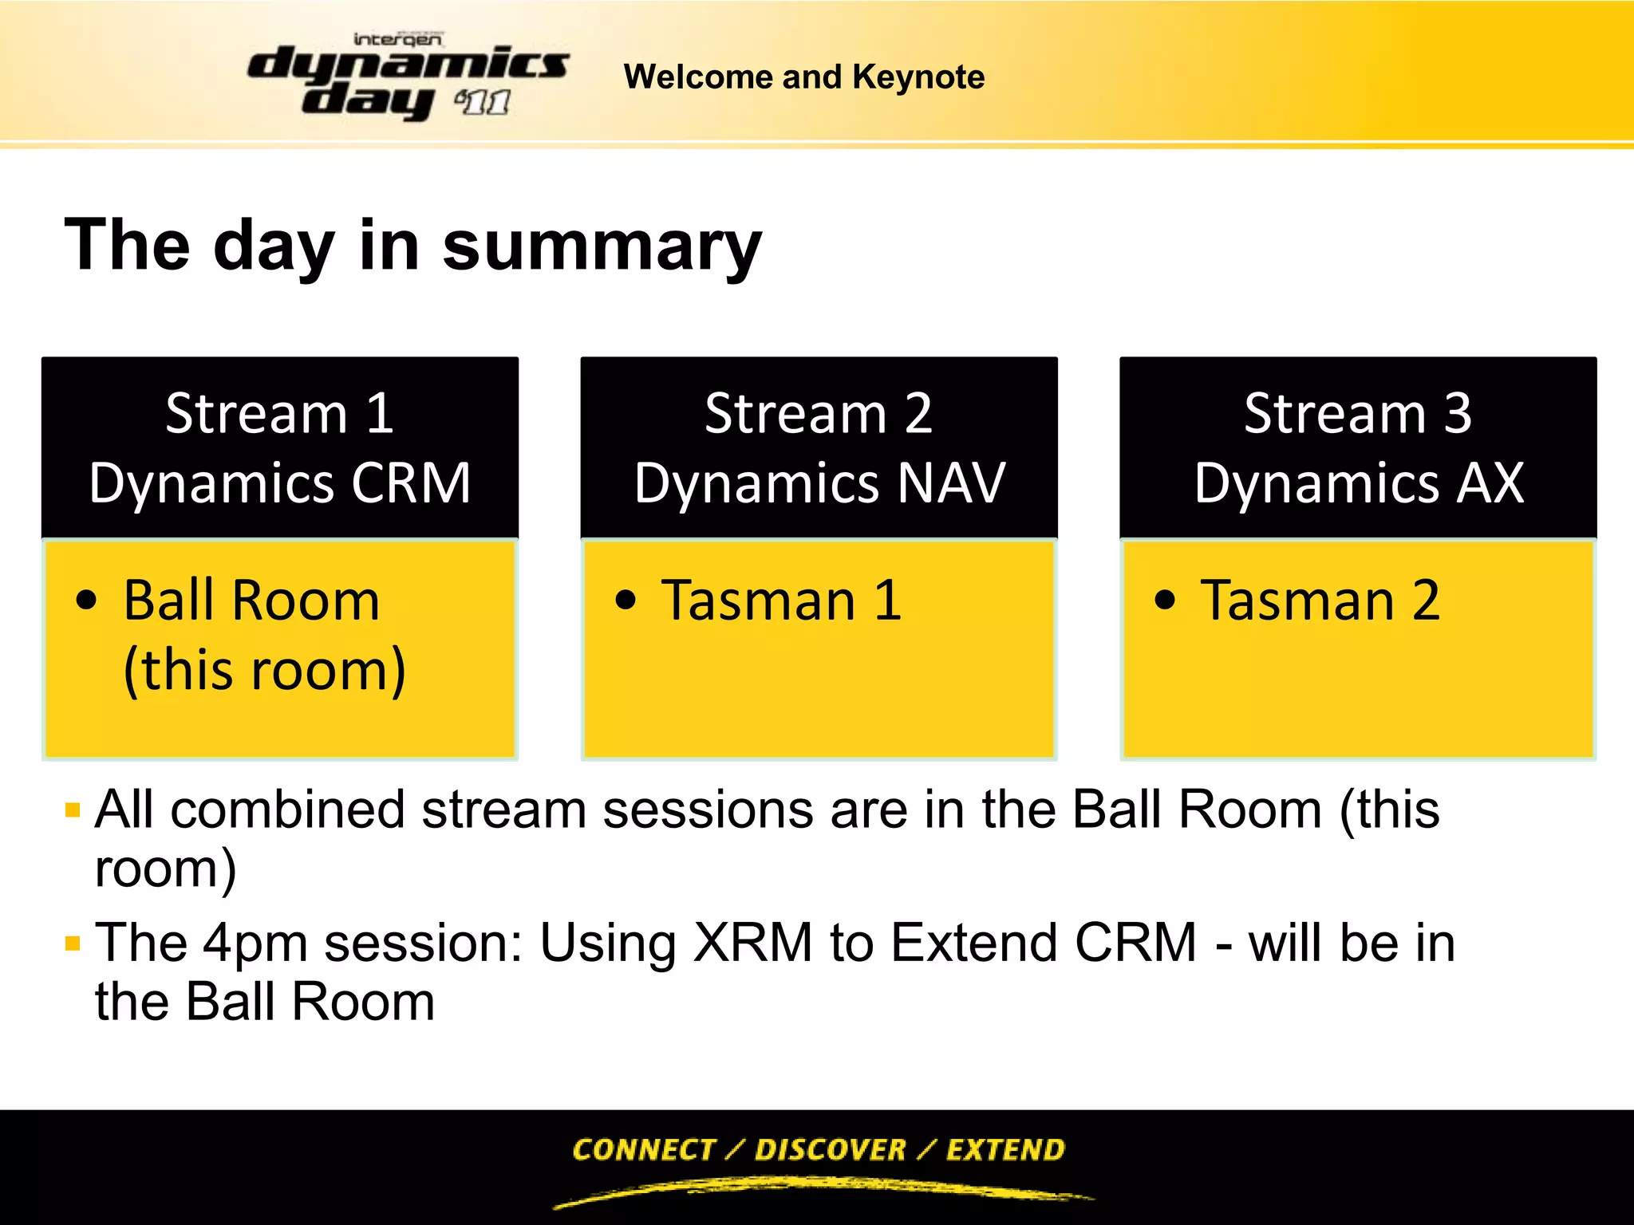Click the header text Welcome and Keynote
tap(803, 77)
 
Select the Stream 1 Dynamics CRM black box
tap(280, 447)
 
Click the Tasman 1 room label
tap(781, 601)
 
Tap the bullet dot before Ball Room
tap(86, 601)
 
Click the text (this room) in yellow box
tap(265, 670)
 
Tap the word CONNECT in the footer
tap(643, 1150)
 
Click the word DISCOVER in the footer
tap(830, 1150)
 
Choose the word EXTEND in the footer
tap(1005, 1150)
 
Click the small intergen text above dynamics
tap(397, 39)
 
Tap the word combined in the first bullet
tap(287, 810)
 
